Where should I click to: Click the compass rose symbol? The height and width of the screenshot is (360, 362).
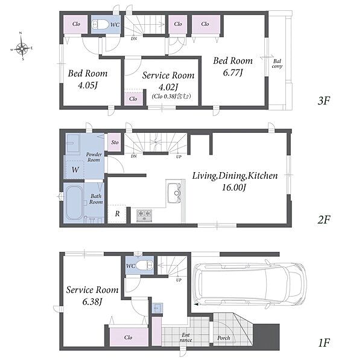(x=22, y=48)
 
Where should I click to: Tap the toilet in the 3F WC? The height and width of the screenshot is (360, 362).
(x=100, y=24)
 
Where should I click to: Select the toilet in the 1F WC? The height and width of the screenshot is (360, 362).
(x=144, y=265)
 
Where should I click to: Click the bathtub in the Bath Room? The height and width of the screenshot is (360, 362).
(x=74, y=202)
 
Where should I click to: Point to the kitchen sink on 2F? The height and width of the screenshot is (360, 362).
(x=174, y=193)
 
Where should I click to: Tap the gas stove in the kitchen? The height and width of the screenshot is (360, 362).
(x=144, y=216)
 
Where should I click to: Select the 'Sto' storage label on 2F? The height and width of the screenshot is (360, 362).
(x=115, y=143)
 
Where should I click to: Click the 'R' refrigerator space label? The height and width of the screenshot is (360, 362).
(x=117, y=214)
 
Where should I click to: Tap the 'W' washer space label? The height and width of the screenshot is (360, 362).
(x=75, y=170)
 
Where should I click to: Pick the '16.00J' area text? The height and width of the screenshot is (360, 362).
(x=234, y=187)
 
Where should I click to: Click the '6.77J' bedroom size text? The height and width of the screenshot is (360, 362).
(x=233, y=73)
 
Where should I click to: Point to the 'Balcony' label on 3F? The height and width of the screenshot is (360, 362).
(x=277, y=64)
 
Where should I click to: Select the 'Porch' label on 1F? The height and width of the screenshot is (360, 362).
(x=223, y=338)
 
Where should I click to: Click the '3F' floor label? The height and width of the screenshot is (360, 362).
(x=323, y=100)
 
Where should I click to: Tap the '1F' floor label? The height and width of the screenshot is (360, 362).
(x=324, y=343)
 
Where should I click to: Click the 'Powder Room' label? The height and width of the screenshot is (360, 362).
(x=94, y=157)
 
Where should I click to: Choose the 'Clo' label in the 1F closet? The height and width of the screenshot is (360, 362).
(x=128, y=338)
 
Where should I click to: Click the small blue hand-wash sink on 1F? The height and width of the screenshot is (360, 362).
(x=157, y=308)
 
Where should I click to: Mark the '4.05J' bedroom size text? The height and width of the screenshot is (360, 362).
(x=87, y=86)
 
